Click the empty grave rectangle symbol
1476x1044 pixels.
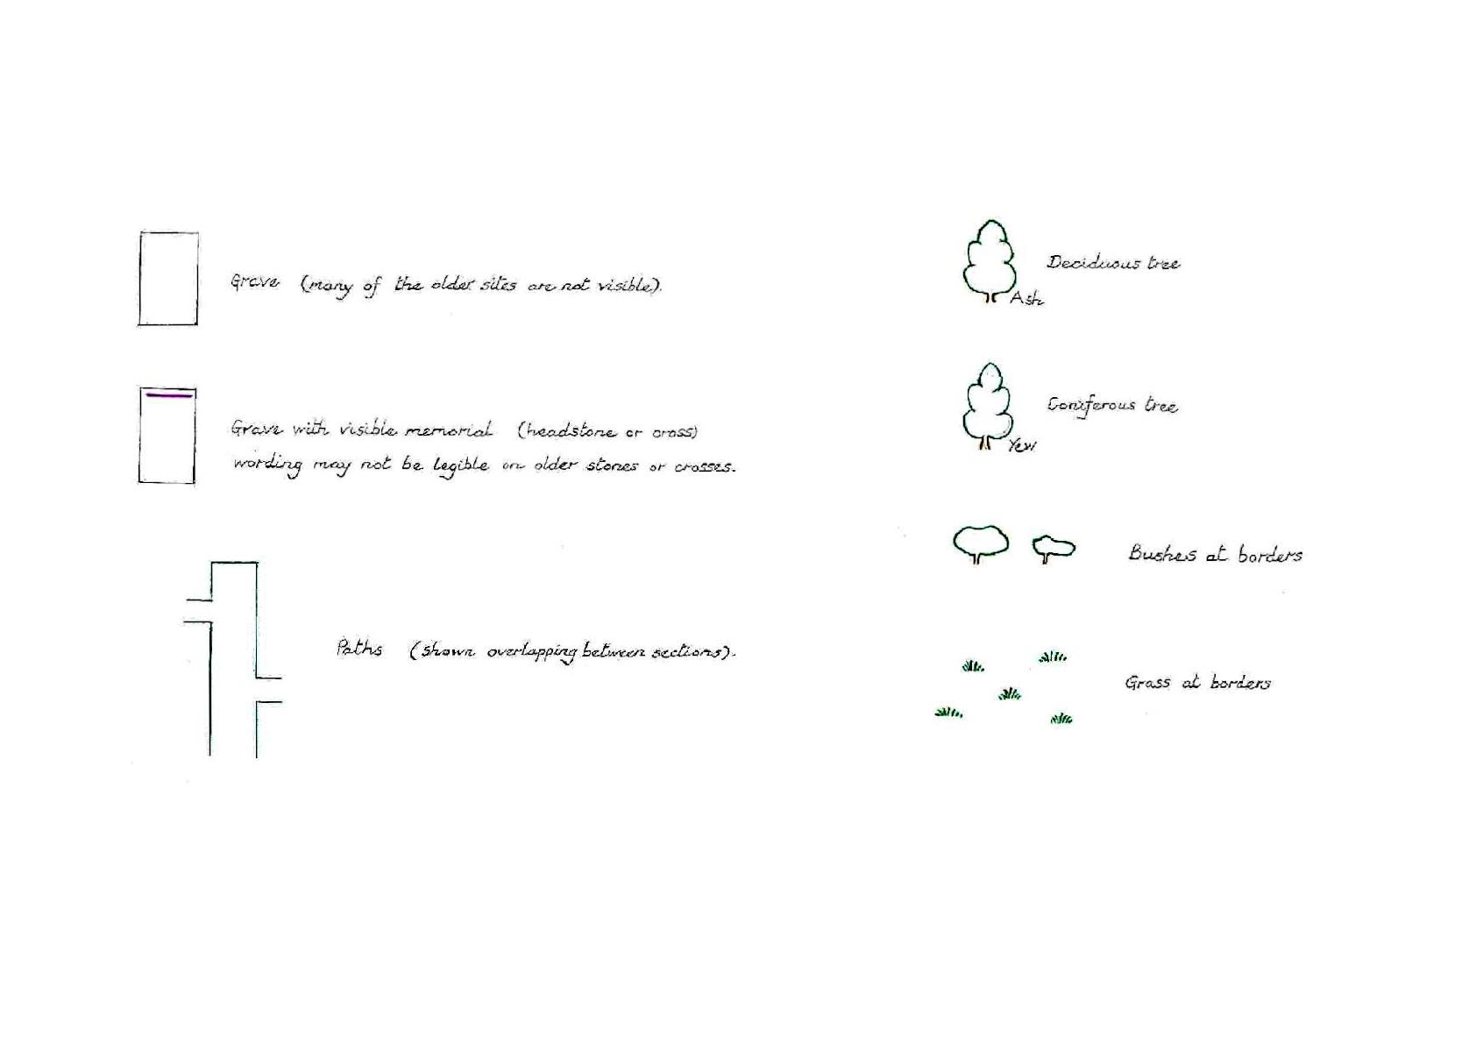(139, 278)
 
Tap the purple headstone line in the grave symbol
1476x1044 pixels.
(169, 395)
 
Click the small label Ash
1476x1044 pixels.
(1027, 299)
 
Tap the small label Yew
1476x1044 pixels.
(1022, 446)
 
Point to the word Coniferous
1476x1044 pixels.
(1091, 405)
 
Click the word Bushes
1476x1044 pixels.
(1162, 553)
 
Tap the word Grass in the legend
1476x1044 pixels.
(1148, 683)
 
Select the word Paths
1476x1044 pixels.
(359, 649)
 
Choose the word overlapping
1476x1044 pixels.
(532, 652)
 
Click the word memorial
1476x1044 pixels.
(448, 430)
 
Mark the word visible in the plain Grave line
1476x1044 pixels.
(625, 286)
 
